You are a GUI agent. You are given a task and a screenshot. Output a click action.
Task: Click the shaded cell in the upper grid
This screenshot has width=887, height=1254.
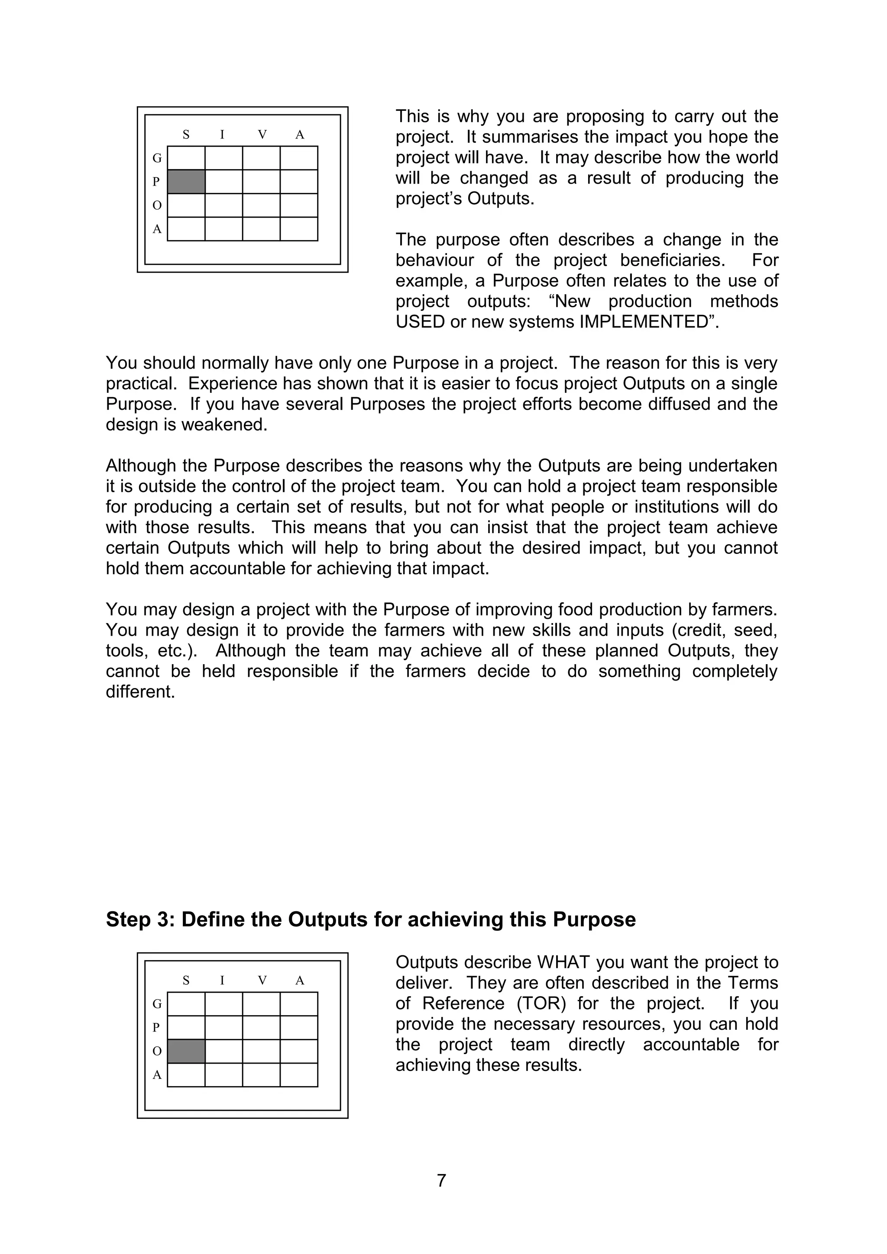[186, 181]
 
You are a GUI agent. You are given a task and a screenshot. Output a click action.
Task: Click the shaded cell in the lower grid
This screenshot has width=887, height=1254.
[186, 1051]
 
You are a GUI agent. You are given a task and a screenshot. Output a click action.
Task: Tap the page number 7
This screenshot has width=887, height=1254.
[442, 1180]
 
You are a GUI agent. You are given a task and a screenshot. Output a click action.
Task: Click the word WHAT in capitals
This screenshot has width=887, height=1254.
[565, 962]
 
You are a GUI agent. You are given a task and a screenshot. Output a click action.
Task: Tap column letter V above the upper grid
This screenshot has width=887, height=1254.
[262, 134]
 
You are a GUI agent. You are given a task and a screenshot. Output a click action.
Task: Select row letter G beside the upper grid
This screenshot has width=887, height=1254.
[157, 158]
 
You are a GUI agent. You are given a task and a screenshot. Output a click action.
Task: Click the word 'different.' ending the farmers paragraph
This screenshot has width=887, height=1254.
[140, 692]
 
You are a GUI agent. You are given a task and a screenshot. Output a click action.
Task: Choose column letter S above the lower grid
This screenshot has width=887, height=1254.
[186, 981]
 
